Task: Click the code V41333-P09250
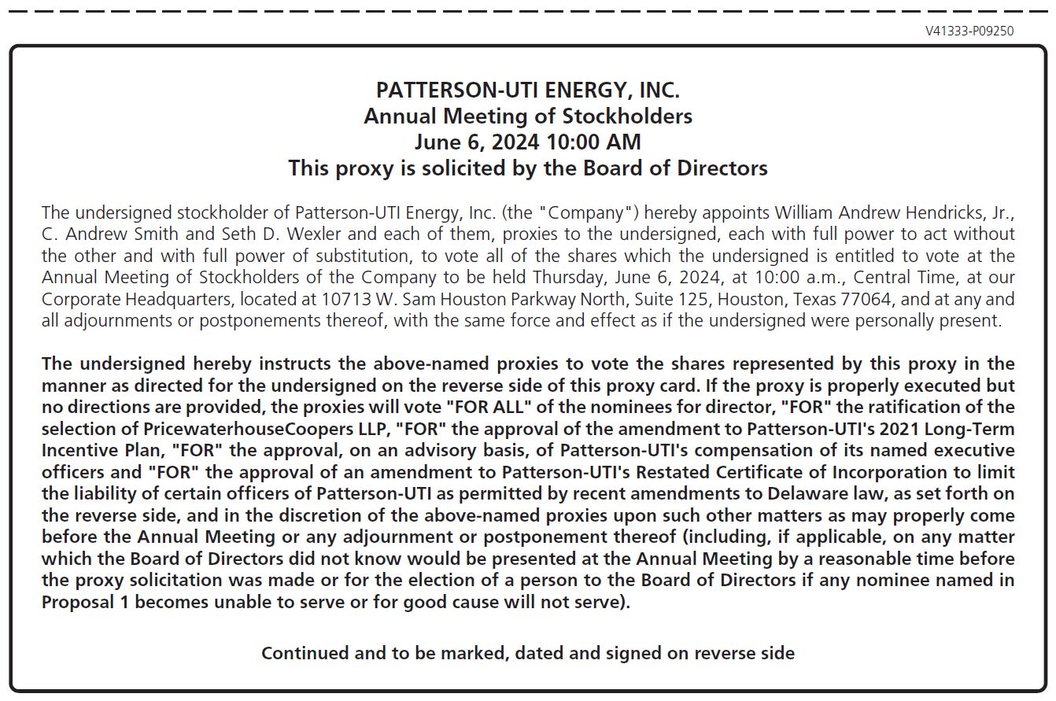[969, 31]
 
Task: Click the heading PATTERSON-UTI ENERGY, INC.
[527, 90]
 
